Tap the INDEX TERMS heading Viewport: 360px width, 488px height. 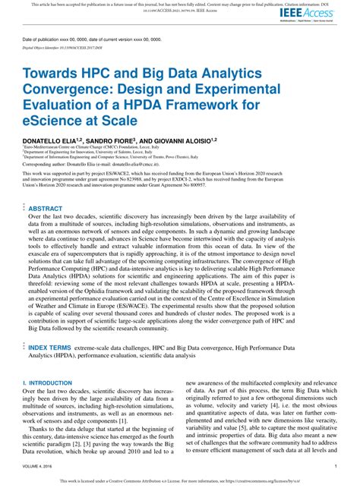(x=50, y=347)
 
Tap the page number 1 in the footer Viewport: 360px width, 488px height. (x=335, y=466)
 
